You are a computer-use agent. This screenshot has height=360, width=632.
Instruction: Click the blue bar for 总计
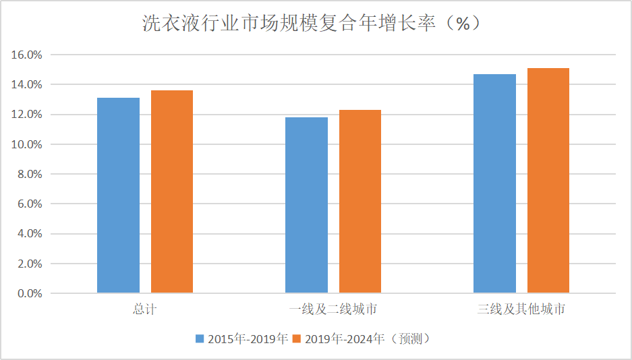(x=118, y=196)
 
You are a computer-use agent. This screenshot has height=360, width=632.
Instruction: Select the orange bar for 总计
(x=172, y=191)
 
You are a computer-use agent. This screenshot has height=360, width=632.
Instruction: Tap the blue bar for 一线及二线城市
(x=306, y=205)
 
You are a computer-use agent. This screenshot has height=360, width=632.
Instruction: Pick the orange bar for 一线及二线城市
(x=360, y=202)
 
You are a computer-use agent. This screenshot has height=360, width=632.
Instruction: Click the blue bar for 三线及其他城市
(x=494, y=183)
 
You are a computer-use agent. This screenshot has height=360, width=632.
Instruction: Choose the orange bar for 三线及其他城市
(x=548, y=181)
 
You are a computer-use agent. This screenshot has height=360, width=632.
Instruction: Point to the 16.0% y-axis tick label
(x=26, y=55)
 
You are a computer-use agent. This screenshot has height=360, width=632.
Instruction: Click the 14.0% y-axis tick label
(x=26, y=85)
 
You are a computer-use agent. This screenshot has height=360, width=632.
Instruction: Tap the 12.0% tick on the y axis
(x=26, y=115)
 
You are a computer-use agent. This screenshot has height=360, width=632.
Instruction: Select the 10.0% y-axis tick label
(x=26, y=144)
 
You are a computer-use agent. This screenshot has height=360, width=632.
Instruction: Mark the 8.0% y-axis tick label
(x=29, y=174)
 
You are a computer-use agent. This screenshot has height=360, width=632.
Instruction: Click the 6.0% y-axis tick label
(x=29, y=204)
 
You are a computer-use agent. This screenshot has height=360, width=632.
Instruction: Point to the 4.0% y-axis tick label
(x=29, y=234)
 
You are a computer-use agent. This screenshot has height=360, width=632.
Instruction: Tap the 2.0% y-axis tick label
(x=29, y=264)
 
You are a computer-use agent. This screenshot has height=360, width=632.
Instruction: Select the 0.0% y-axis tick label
(x=29, y=294)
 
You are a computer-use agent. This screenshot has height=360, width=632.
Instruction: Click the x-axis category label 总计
(x=145, y=310)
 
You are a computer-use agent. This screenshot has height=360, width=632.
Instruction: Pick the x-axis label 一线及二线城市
(x=333, y=310)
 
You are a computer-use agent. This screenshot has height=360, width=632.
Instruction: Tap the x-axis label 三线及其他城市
(x=521, y=310)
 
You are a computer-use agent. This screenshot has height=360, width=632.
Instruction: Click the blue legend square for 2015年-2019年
(x=200, y=338)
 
